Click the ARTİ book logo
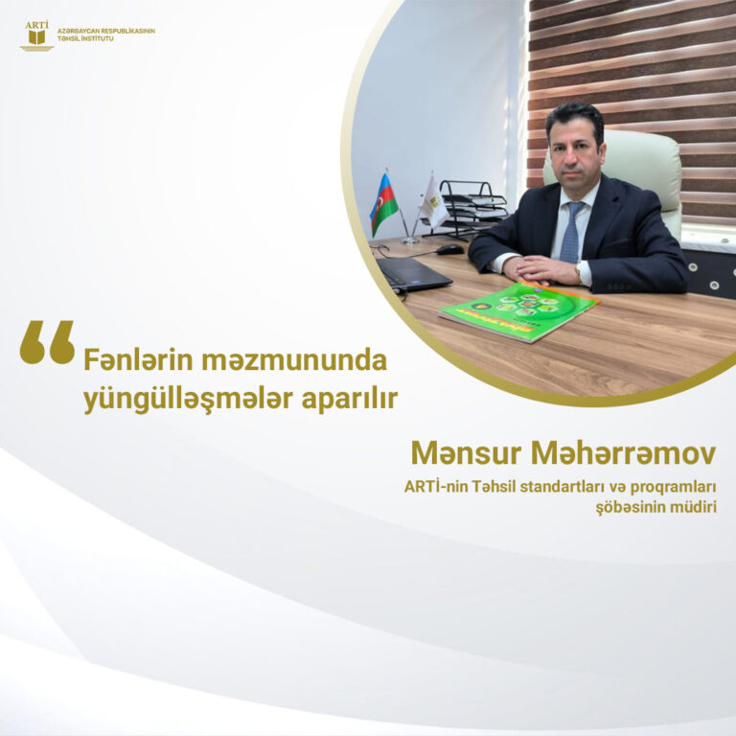click(36, 35)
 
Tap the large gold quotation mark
click(47, 342)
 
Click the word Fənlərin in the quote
click(138, 360)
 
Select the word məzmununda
click(294, 360)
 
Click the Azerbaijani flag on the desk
click(383, 204)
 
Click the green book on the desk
click(519, 311)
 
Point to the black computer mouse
click(450, 250)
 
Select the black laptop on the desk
click(413, 273)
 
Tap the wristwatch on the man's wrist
click(578, 272)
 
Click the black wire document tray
click(471, 208)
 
